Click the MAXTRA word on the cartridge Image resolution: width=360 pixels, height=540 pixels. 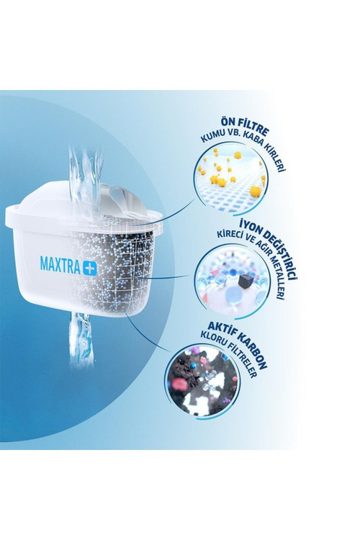click(60, 264)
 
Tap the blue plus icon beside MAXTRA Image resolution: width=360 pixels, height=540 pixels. click(89, 268)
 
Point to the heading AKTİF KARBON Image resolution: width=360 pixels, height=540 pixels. click(238, 344)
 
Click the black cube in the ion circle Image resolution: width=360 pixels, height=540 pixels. click(244, 281)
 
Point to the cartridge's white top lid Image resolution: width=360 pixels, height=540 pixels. click(83, 207)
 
